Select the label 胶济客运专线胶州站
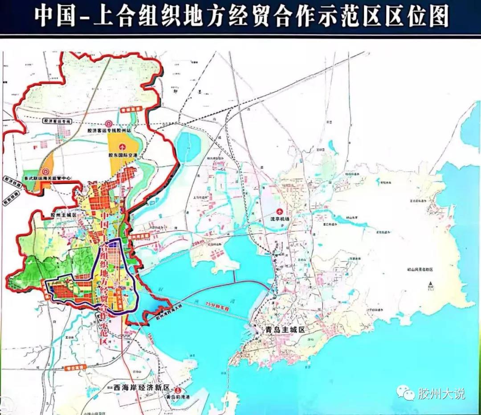tap(109, 131)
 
